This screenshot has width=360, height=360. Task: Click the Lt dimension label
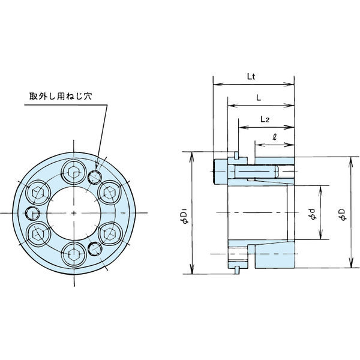tap(251, 77)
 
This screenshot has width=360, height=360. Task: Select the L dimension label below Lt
tap(259, 98)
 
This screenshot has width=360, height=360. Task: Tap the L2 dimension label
tap(265, 119)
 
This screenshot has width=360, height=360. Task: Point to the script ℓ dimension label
tap(274, 137)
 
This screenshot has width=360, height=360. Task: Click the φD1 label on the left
tap(185, 215)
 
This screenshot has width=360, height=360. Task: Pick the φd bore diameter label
tap(313, 214)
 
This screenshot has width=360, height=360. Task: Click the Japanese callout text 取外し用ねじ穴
tap(61, 96)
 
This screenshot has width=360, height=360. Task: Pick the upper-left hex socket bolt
tap(38, 193)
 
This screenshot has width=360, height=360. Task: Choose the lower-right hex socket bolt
tap(110, 234)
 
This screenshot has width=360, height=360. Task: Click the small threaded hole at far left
tap(32, 213)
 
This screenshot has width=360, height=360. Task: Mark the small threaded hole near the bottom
tap(95, 249)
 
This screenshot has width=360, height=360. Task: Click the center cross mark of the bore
tap(74, 213)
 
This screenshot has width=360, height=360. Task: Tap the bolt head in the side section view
tap(220, 172)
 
